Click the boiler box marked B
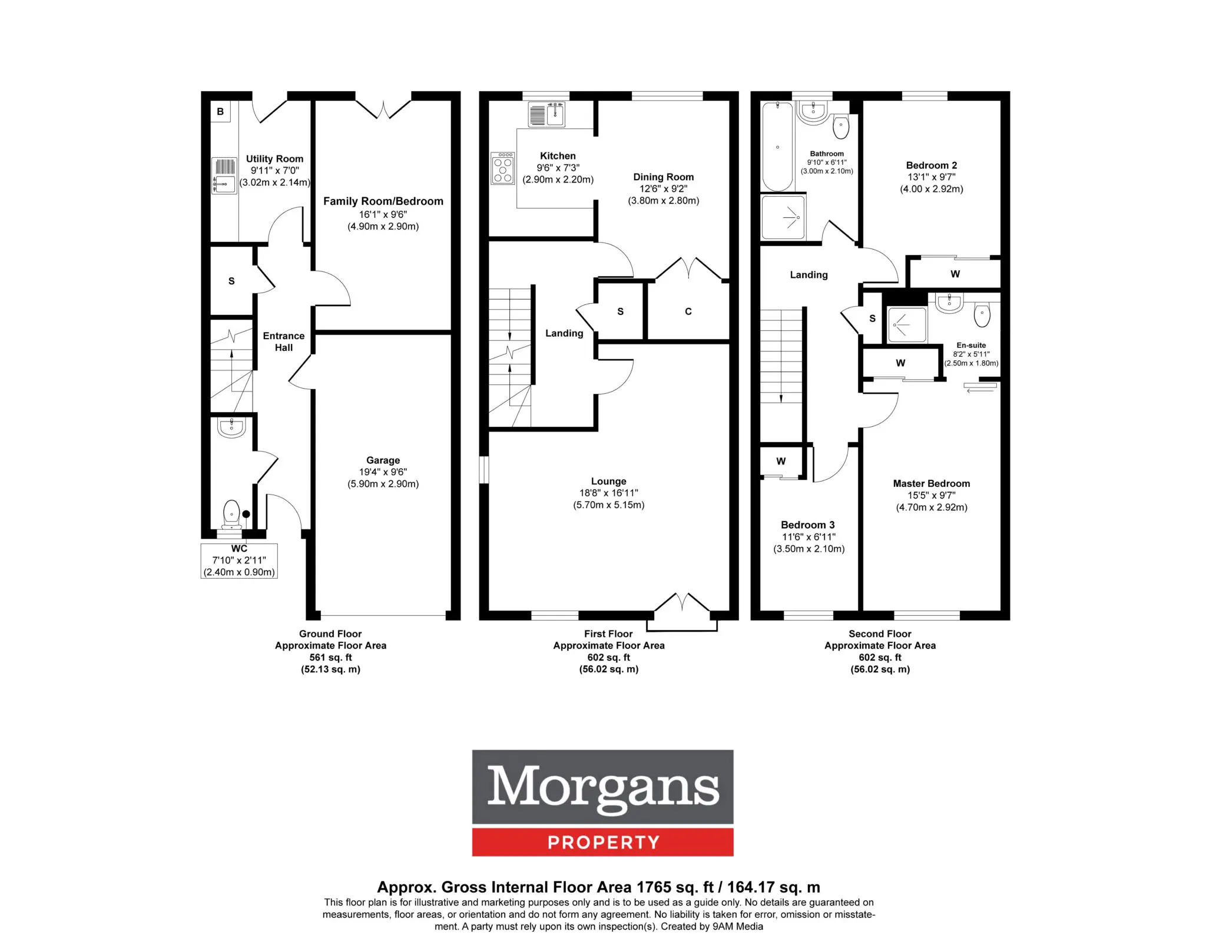point(220,111)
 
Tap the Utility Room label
point(274,159)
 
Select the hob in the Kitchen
point(503,168)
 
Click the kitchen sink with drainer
point(547,114)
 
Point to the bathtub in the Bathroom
point(777,146)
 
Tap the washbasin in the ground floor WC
point(231,427)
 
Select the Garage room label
point(383,460)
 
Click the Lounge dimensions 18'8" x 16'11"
point(609,493)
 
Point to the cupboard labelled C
point(688,311)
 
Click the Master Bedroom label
point(932,483)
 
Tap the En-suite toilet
point(982,315)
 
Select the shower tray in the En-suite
point(907,324)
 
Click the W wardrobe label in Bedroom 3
point(781,461)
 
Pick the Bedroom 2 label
point(932,165)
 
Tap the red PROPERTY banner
point(603,842)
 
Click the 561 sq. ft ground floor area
point(331,658)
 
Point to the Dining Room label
point(664,177)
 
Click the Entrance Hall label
point(284,341)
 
